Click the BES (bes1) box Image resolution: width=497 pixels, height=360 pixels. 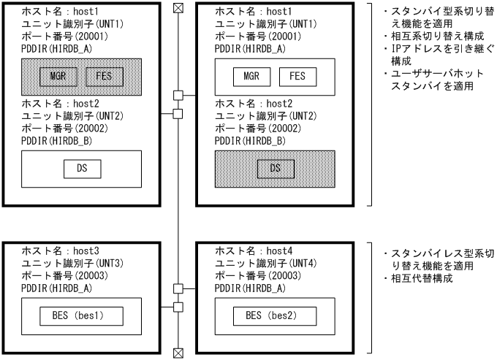pos(81,316)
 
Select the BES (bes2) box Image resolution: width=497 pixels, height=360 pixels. pos(274,316)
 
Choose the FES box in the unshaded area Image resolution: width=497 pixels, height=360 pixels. pos(297,76)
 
